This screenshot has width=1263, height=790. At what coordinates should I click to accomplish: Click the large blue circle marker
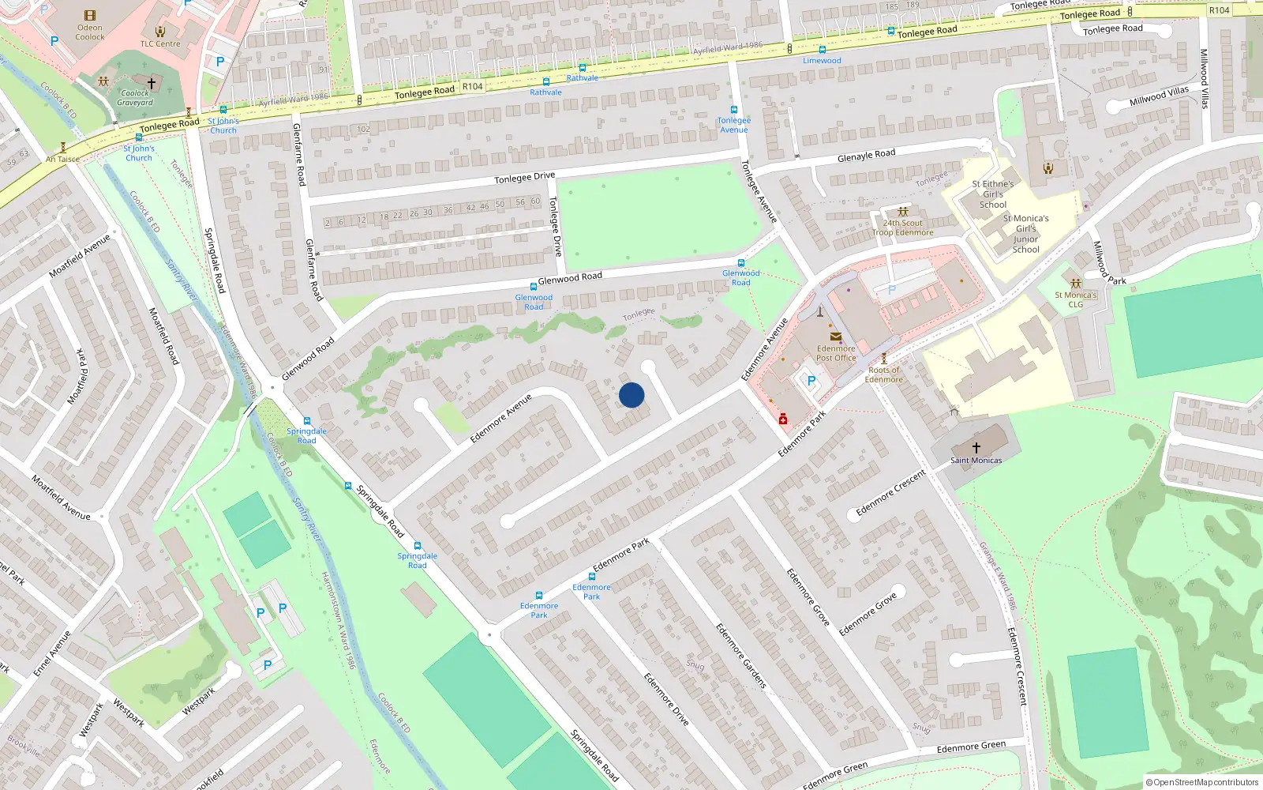[631, 395]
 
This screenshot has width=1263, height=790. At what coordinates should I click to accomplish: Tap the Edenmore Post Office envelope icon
[835, 337]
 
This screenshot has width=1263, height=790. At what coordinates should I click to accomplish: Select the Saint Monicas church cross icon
[976, 448]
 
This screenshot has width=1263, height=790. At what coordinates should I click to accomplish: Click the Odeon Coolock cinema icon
[90, 16]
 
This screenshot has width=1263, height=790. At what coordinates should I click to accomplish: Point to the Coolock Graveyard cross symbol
[152, 83]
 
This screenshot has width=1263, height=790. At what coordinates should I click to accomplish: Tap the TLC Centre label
[160, 43]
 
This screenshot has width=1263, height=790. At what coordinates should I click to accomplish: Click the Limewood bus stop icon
[822, 50]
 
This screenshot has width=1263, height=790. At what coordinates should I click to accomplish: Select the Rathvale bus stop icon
[582, 68]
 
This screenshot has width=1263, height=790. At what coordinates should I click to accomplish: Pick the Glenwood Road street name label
[570, 278]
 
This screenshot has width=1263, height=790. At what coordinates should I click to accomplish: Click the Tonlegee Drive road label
[524, 178]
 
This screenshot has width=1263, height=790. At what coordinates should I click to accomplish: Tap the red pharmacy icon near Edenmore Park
[783, 419]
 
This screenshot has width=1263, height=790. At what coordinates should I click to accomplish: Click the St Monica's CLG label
[1075, 299]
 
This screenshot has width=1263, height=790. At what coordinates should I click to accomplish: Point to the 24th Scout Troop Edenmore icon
[902, 212]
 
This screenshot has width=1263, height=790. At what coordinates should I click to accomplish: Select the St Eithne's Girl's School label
[993, 194]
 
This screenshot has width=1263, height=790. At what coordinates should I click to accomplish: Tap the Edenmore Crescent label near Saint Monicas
[890, 493]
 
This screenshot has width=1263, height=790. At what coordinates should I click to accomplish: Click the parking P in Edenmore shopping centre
[811, 381]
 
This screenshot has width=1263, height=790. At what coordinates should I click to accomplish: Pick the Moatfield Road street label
[164, 336]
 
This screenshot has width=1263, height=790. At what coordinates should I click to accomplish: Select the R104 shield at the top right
[1219, 10]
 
